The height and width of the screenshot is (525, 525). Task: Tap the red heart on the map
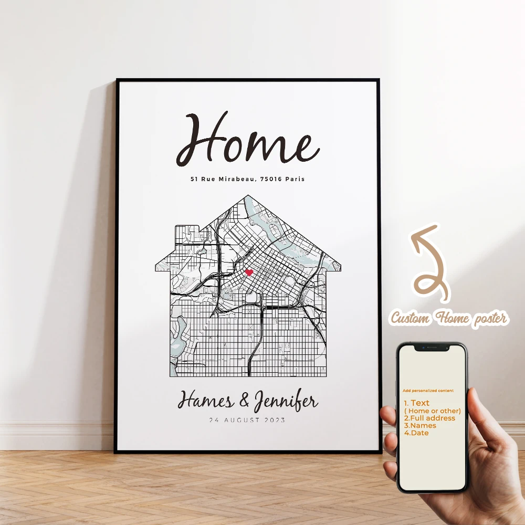(x=249, y=272)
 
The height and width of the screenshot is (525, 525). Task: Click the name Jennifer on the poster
(x=286, y=403)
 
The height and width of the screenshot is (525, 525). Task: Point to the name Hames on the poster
(x=205, y=402)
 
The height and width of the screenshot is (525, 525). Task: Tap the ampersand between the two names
(x=244, y=402)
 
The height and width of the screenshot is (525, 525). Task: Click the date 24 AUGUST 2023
(x=247, y=420)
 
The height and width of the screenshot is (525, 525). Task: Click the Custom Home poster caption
(x=449, y=318)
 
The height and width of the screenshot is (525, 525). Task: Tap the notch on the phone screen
(x=432, y=348)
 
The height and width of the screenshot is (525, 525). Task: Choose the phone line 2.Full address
(x=429, y=418)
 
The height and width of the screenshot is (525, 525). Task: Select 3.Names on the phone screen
(x=420, y=425)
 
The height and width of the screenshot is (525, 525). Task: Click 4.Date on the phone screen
(x=416, y=433)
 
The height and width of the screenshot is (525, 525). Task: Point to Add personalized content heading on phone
(x=428, y=391)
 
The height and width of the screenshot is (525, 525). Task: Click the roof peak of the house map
(x=248, y=197)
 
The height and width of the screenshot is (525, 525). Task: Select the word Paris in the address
(x=296, y=179)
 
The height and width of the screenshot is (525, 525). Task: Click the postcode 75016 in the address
(x=271, y=179)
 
